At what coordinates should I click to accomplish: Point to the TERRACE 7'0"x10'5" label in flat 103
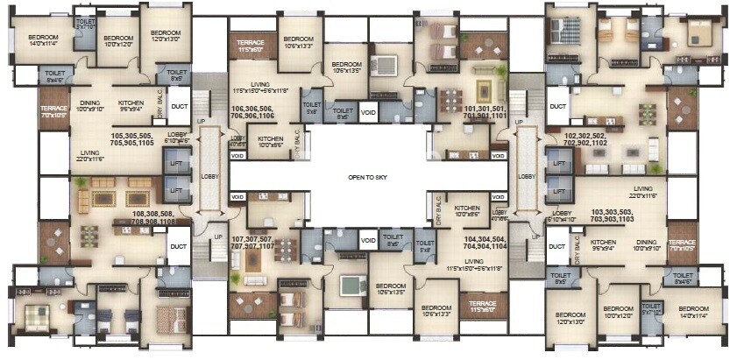680,245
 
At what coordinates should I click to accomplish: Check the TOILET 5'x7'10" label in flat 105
86,24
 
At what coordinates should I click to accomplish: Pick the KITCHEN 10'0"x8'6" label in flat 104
465,211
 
